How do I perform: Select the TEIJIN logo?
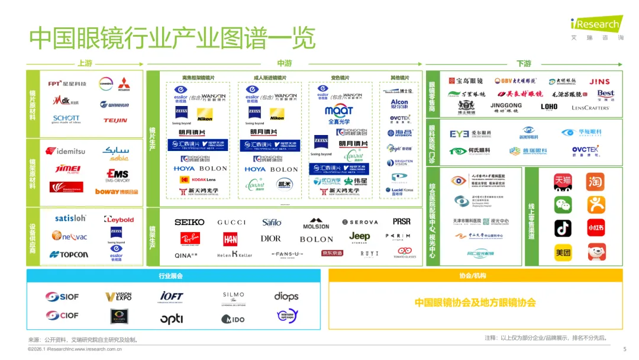coord(115,120)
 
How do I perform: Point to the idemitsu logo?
coord(66,151)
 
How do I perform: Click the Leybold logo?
coord(118,219)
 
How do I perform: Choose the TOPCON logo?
coord(69,255)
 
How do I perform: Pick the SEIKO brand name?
coord(189,222)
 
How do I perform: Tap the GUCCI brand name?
coord(231,222)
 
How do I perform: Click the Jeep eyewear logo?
coord(359,237)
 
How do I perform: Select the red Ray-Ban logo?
coord(189,239)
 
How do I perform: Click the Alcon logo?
coord(399,104)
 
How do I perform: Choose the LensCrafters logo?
coord(590,108)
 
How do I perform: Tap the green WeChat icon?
coord(563,205)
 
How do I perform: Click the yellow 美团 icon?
coord(563,252)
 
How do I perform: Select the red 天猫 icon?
coord(563,181)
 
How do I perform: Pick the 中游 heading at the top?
coord(284,63)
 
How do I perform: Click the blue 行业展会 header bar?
coord(173,276)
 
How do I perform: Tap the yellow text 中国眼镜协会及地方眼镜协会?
coord(475,303)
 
